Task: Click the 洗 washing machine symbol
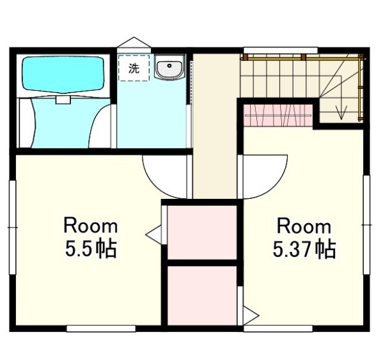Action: point(134,68)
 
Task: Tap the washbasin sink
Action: point(169,67)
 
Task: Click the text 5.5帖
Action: point(91,249)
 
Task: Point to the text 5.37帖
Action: point(304,249)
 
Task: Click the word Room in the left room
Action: point(91,226)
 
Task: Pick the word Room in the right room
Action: point(304,226)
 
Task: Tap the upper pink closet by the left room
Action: point(202,233)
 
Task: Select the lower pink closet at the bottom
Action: point(202,295)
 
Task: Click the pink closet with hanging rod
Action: point(278,115)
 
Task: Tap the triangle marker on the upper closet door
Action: point(153,235)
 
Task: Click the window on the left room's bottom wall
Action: point(101,329)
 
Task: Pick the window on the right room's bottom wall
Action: point(278,329)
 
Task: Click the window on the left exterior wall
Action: point(12,227)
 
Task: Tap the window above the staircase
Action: point(281,51)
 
